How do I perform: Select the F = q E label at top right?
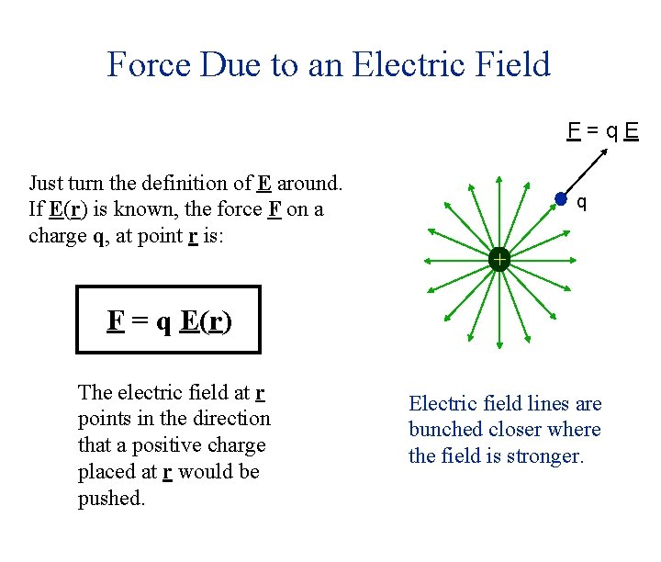coord(602,130)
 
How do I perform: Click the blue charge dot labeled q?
coord(561,199)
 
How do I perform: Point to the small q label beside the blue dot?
coord(581,201)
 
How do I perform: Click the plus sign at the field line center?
coord(499,260)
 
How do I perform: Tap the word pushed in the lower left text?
coord(111,499)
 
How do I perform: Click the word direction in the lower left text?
coord(230,419)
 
